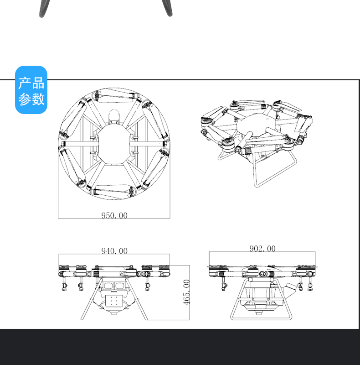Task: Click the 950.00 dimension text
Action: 114,215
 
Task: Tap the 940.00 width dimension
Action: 114,251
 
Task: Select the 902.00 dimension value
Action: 262,249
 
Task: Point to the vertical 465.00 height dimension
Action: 186,292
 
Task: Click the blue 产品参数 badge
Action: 31,90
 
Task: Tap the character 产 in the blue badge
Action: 25,83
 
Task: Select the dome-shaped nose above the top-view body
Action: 114,116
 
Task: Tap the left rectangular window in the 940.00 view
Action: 108,286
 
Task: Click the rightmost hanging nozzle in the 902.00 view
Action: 311,286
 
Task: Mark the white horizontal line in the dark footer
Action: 180,336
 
